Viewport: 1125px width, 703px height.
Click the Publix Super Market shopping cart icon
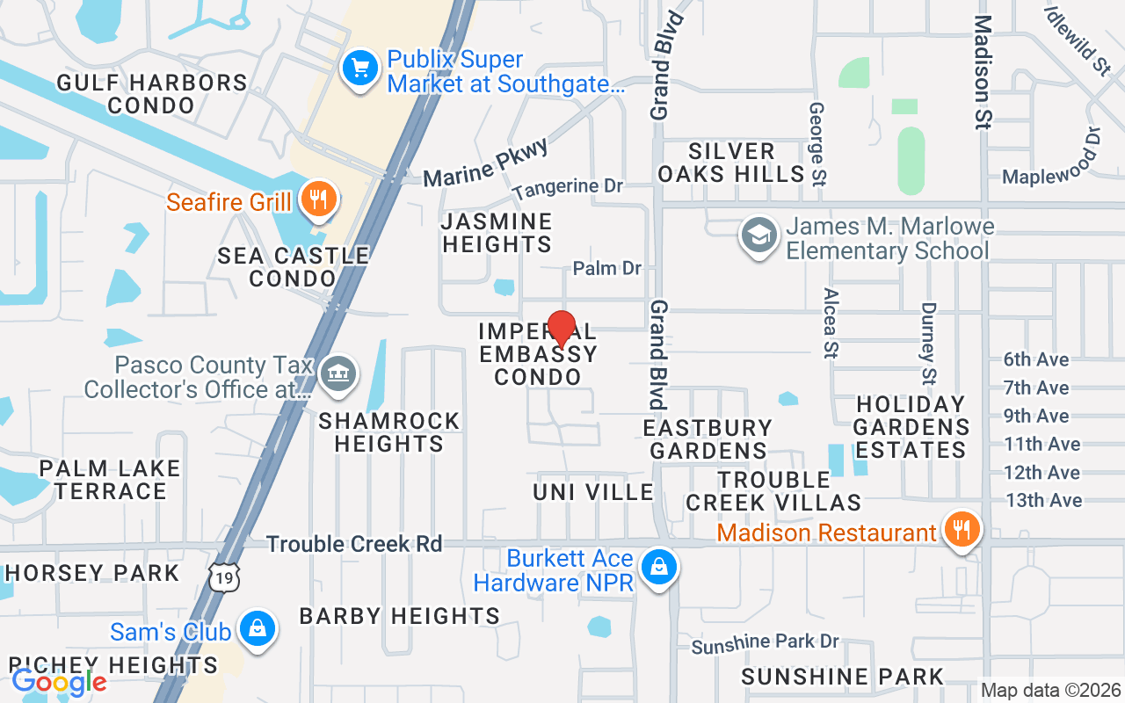point(359,69)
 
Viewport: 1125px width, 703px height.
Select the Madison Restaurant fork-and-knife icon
point(962,530)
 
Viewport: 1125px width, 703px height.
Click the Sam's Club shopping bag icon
point(257,629)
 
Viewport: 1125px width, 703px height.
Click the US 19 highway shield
point(223,577)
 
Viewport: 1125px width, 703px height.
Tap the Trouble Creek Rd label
point(354,544)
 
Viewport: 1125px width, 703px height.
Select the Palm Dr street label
point(606,268)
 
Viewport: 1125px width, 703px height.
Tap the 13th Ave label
point(1042,500)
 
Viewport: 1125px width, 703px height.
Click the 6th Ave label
point(1036,359)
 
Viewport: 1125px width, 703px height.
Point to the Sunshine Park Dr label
point(765,644)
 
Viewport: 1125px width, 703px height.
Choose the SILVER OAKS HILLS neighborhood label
point(731,163)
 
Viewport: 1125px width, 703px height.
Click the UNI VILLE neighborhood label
point(593,492)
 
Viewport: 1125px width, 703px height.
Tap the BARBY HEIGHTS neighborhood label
point(400,616)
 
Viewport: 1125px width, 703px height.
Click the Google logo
point(59,681)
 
